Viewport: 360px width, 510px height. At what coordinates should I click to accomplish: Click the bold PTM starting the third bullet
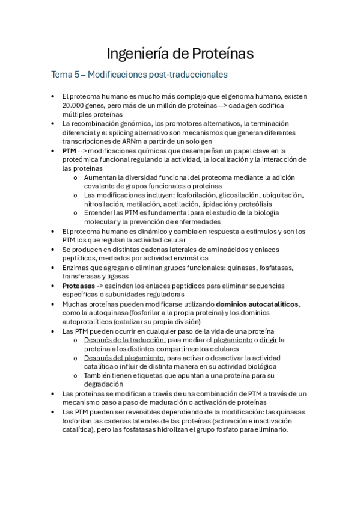[69, 150]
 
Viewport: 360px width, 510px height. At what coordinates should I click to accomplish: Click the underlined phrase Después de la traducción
[124, 340]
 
